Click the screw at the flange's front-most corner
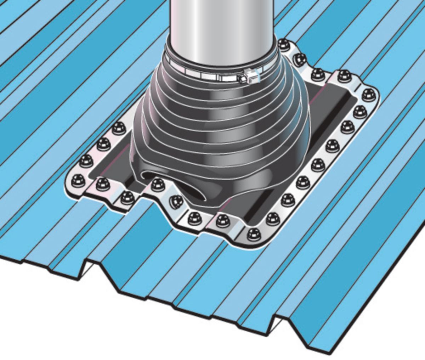[x=253, y=234]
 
